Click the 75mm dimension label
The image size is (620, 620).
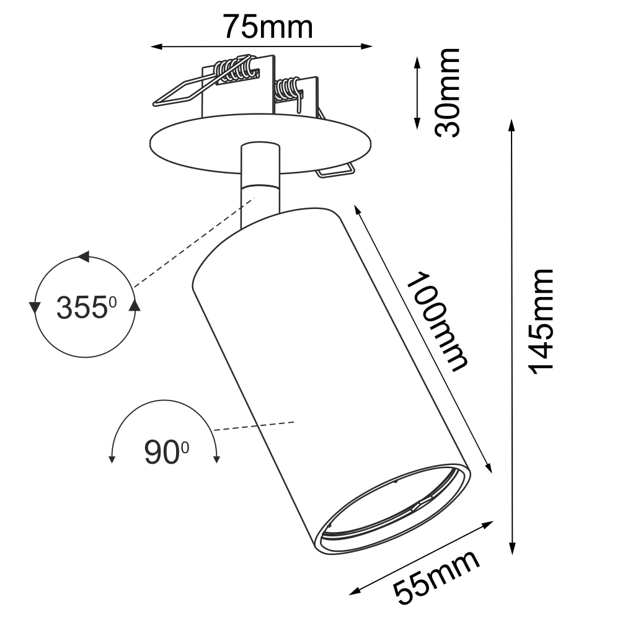pos(268,27)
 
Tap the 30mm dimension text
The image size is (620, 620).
pos(447,93)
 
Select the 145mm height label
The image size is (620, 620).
pos(541,321)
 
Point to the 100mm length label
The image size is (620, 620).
pos(438,321)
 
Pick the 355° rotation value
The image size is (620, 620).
pos(87,308)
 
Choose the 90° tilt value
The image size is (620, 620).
pos(166,452)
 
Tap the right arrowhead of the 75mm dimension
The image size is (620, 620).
pos(366,46)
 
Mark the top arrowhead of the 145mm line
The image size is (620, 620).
pos(512,125)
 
